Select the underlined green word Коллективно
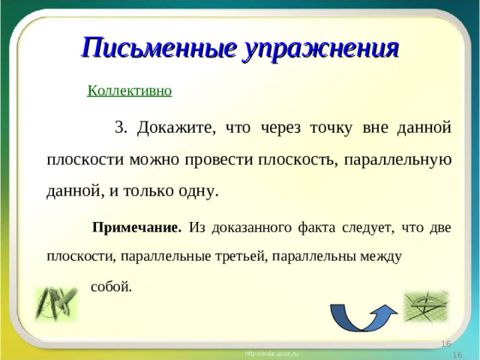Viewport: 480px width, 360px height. pos(130,91)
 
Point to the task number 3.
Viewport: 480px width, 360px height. pos(120,127)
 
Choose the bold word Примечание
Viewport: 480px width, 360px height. pos(136,226)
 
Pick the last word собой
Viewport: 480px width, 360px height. pos(112,286)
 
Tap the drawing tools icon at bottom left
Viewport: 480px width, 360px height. pos(55,304)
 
